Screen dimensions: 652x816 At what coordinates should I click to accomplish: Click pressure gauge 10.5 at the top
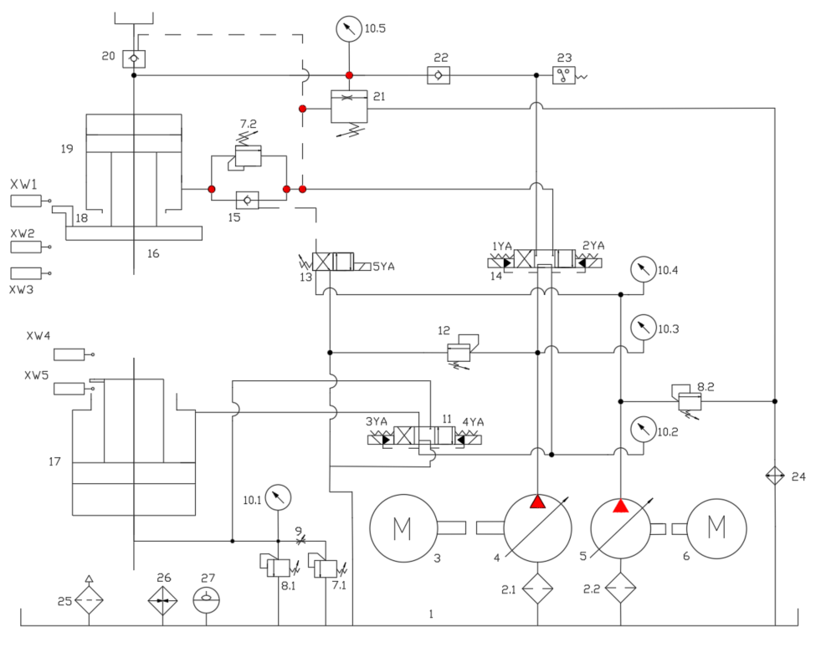tap(348, 29)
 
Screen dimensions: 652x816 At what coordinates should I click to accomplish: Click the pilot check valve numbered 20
tap(133, 59)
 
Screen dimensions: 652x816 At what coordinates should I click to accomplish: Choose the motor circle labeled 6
tap(716, 527)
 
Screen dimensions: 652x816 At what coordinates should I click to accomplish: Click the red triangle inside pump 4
tap(537, 502)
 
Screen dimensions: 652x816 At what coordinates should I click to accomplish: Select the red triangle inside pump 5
tap(620, 507)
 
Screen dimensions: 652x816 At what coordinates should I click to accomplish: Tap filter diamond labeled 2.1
tap(537, 588)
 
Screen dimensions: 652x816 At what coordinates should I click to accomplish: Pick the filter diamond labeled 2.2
tap(620, 588)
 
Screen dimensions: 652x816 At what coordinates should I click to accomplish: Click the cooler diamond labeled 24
tap(775, 476)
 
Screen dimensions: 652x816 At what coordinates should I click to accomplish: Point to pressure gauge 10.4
tap(642, 269)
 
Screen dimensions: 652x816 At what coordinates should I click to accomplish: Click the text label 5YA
tap(382, 267)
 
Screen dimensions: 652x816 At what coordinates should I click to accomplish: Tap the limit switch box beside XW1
tap(28, 201)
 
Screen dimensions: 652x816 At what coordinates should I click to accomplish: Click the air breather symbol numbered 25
tap(89, 599)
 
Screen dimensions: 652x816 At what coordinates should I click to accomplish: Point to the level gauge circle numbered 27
tap(205, 600)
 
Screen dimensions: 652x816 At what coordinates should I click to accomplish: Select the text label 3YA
tap(376, 421)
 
